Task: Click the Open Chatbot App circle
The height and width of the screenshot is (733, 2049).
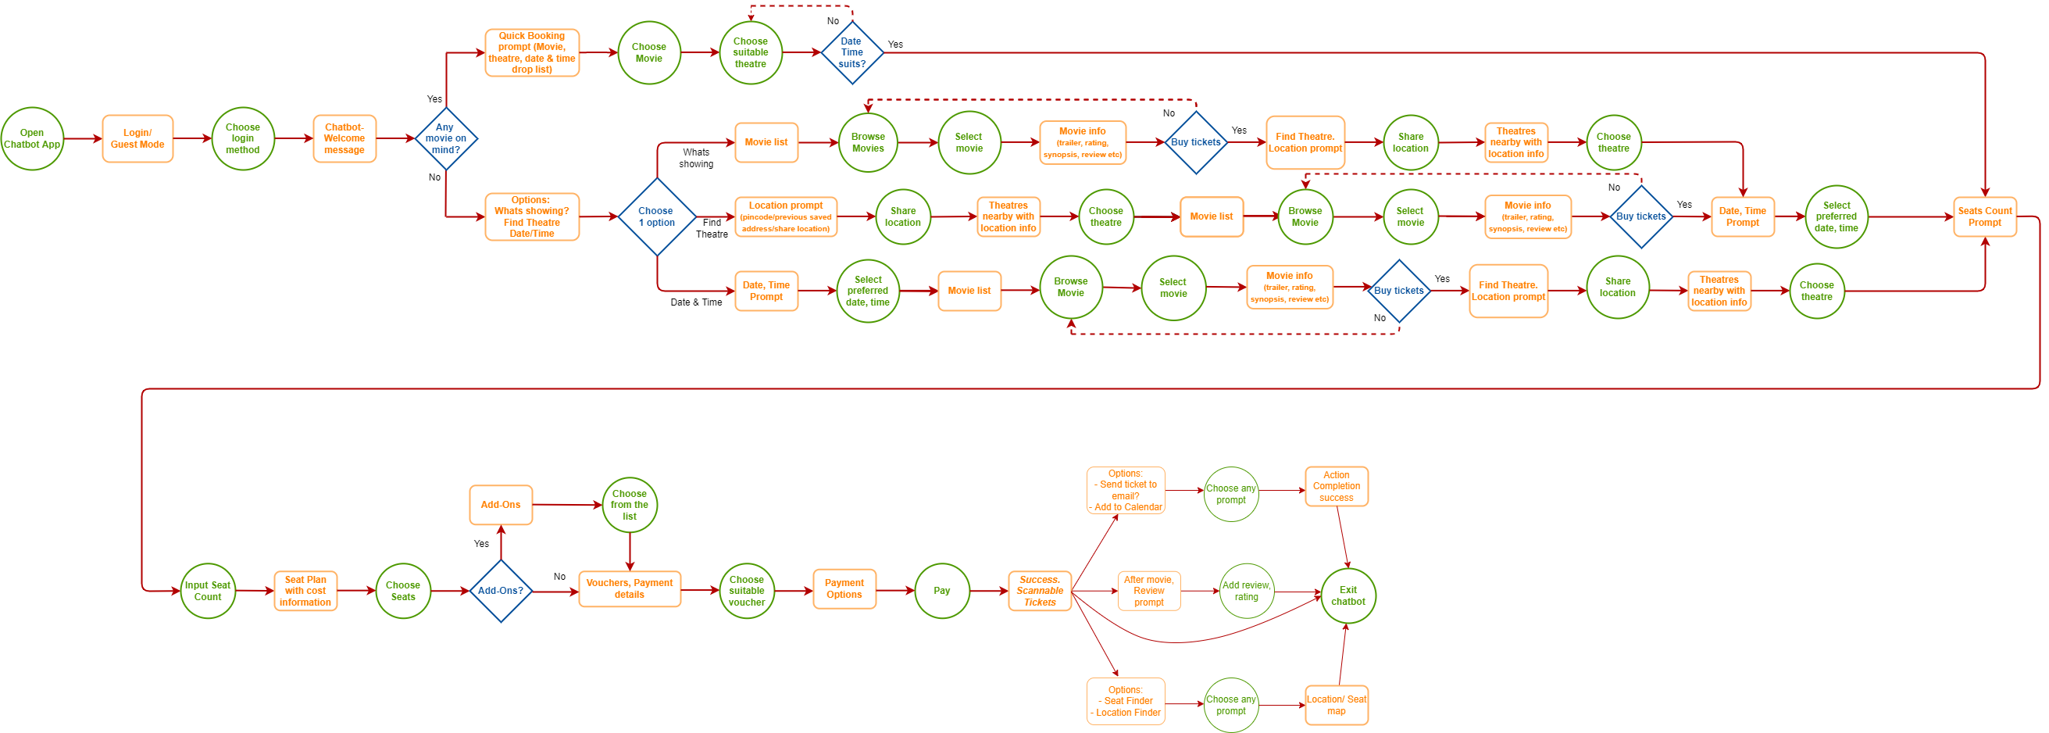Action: [32, 138]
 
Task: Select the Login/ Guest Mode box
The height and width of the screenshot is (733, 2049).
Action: [137, 138]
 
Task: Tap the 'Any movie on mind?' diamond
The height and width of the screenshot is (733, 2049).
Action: [445, 138]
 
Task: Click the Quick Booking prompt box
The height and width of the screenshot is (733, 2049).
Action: [532, 52]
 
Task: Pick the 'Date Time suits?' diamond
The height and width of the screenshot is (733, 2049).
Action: [852, 52]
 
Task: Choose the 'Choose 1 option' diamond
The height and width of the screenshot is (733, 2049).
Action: [657, 216]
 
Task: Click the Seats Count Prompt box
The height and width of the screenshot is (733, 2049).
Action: [1985, 216]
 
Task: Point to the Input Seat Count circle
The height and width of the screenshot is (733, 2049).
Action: [208, 591]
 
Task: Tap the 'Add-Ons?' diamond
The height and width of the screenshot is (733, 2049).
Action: [501, 591]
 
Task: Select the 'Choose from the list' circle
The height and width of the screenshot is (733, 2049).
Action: [629, 505]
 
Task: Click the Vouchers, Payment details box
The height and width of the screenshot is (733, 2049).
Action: [629, 589]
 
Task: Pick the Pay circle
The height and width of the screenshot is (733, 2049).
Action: [942, 591]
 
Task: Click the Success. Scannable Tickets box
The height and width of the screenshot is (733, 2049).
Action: [1040, 591]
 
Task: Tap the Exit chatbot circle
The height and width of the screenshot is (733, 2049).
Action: [1348, 595]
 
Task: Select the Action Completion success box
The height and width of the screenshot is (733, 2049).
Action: [1337, 486]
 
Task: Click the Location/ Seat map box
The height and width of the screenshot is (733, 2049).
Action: [1337, 705]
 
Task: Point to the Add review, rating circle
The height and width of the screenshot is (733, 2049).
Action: [1247, 591]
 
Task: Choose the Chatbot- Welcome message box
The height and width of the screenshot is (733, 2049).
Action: [344, 138]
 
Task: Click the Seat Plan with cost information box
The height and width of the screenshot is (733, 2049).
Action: [305, 591]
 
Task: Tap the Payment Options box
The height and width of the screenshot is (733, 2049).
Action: [844, 589]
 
